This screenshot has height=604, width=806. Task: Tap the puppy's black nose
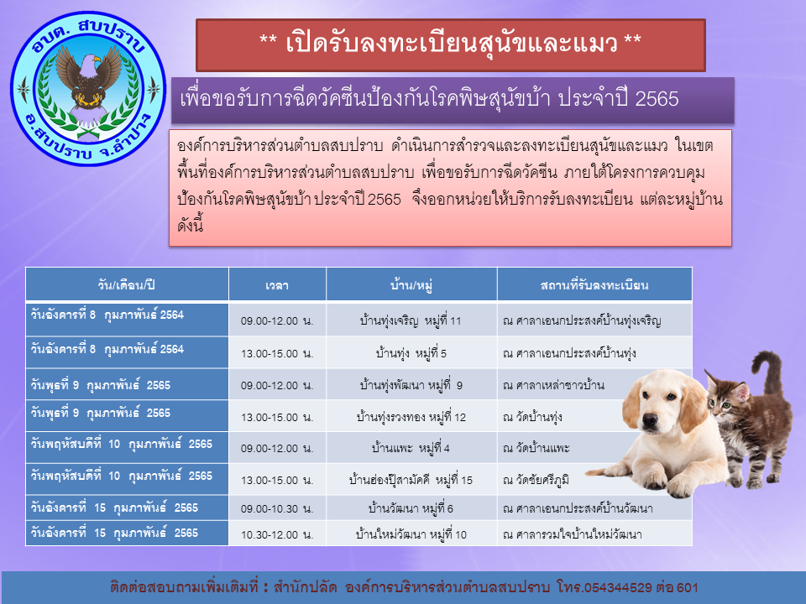[x=650, y=422]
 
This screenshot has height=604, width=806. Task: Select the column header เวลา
[x=277, y=285]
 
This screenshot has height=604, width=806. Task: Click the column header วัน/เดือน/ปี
[x=127, y=284]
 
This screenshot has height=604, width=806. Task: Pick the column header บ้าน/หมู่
[x=411, y=284]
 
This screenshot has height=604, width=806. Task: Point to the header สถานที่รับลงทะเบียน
[x=594, y=285]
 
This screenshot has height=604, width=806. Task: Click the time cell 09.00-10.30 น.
[x=277, y=508]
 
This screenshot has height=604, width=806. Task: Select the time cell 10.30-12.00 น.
[x=277, y=534]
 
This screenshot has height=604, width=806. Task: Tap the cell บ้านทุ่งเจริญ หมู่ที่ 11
[x=411, y=321]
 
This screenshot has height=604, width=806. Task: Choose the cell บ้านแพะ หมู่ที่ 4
[x=411, y=448]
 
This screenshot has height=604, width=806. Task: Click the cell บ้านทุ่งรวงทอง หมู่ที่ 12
[x=411, y=417]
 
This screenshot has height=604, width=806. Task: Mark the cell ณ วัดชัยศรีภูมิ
[x=536, y=480]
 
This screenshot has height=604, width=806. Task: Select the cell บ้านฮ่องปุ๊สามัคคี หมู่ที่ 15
[x=411, y=480]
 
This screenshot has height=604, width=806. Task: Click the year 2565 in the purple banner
[x=657, y=99]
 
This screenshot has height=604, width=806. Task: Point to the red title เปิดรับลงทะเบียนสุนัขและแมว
[x=452, y=44]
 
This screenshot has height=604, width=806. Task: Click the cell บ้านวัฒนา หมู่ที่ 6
[x=411, y=508]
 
